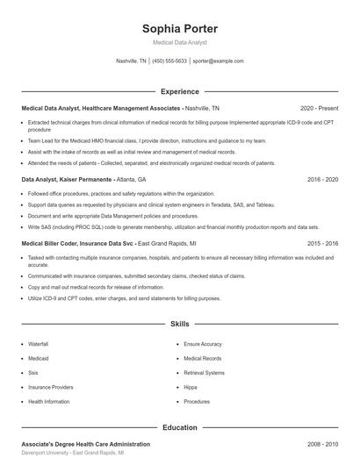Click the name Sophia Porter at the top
point(180,28)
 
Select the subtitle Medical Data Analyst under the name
point(180,42)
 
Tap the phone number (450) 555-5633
point(170,61)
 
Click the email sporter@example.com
point(218,61)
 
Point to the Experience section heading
point(180,91)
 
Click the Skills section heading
point(180,324)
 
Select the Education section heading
point(180,427)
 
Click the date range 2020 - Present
point(319,108)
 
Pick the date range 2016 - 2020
point(322,179)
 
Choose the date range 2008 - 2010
point(322,445)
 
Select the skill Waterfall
point(38,344)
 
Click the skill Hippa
point(191,387)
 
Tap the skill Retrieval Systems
point(204,373)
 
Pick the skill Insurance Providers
point(50,387)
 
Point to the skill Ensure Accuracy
point(203,344)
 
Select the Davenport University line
point(72,454)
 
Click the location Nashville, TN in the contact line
point(132,61)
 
